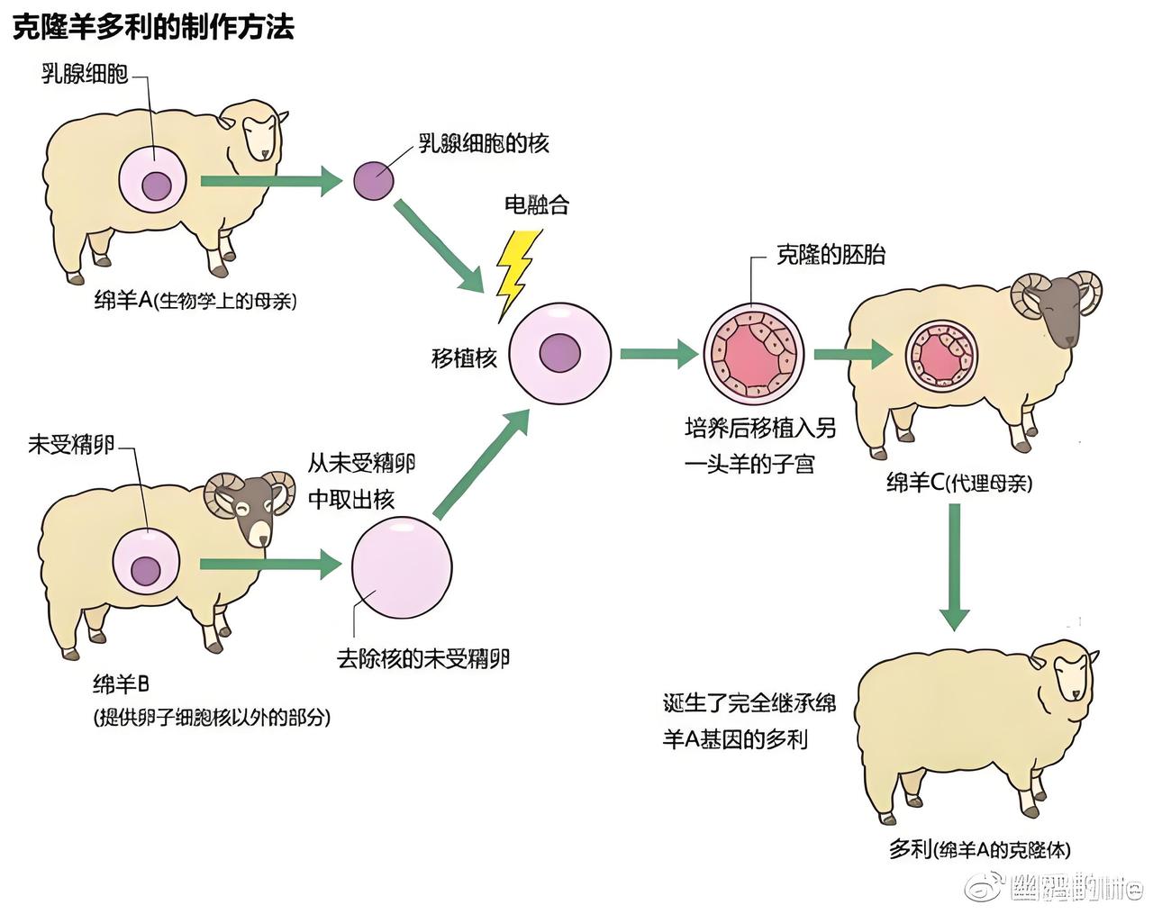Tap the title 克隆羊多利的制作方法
(x=153, y=27)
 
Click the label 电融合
(x=536, y=204)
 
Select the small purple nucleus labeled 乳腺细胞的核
(x=372, y=180)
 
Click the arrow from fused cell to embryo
(x=658, y=353)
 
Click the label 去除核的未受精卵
(x=423, y=658)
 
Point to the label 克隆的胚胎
(x=831, y=255)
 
